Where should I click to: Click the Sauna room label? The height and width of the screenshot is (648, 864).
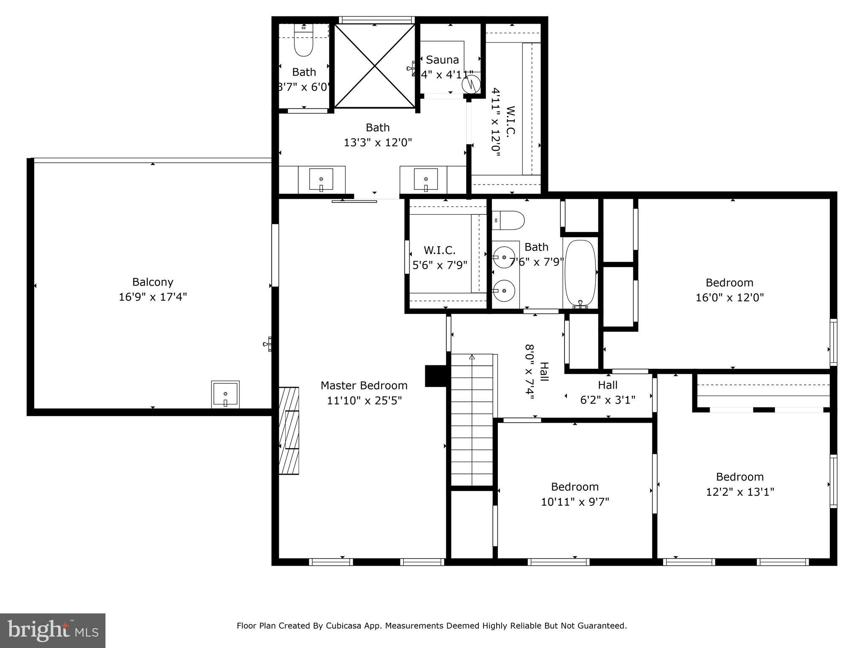pyautogui.click(x=442, y=59)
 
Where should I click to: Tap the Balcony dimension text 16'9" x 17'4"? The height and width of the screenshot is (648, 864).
pyautogui.click(x=152, y=297)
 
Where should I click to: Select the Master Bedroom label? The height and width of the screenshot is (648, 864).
pyautogui.click(x=364, y=385)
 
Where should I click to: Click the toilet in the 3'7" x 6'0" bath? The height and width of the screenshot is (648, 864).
pyautogui.click(x=303, y=44)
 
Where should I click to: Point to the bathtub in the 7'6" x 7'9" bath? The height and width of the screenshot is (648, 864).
pyautogui.click(x=580, y=273)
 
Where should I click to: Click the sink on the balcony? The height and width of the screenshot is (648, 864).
pyautogui.click(x=225, y=395)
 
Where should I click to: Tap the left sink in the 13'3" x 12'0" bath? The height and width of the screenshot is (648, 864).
pyautogui.click(x=321, y=180)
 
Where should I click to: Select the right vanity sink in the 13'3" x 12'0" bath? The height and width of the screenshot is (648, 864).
pyautogui.click(x=425, y=180)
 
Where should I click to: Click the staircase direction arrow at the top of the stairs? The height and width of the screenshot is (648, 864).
pyautogui.click(x=472, y=357)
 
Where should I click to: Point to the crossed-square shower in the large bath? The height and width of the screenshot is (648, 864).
pyautogui.click(x=375, y=65)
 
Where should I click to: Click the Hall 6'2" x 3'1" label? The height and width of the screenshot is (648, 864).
pyautogui.click(x=607, y=392)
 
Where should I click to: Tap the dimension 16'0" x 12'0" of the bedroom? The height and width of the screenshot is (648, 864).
pyautogui.click(x=729, y=297)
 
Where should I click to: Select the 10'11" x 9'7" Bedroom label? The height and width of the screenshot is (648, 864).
pyautogui.click(x=575, y=487)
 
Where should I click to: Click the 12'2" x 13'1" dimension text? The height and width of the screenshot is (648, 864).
pyautogui.click(x=740, y=492)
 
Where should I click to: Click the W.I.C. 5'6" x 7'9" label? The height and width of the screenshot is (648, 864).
pyautogui.click(x=440, y=258)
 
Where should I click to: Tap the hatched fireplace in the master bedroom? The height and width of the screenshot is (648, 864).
pyautogui.click(x=289, y=431)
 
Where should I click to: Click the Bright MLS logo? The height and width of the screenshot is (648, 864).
pyautogui.click(x=52, y=630)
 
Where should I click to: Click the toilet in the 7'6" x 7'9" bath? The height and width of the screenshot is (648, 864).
pyautogui.click(x=509, y=220)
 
